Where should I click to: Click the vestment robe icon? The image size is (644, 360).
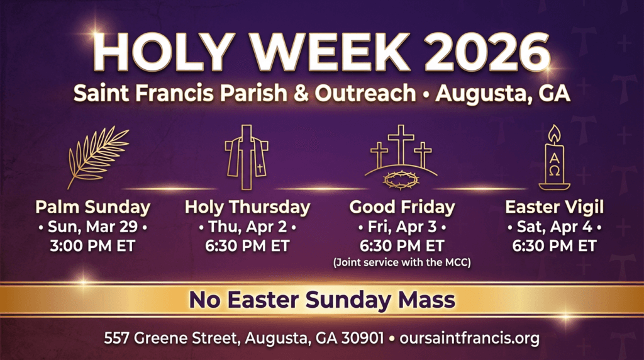pyautogui.click(x=245, y=157)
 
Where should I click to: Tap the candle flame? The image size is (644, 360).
pyautogui.click(x=554, y=134)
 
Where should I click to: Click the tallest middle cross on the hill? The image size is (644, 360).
pyautogui.click(x=401, y=143)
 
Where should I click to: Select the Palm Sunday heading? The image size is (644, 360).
pyautogui.click(x=92, y=207)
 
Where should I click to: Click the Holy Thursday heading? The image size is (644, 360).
pyautogui.click(x=247, y=207)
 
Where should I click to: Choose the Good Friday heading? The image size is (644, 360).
pyautogui.click(x=402, y=207)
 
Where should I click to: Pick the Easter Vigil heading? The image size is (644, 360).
pyautogui.click(x=554, y=207)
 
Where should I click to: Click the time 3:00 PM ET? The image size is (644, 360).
pyautogui.click(x=92, y=245)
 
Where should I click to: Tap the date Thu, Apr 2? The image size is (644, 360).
pyautogui.click(x=247, y=227)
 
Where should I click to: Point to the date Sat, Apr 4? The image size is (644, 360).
pyautogui.click(x=554, y=227)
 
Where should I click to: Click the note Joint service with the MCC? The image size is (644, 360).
pyautogui.click(x=402, y=262)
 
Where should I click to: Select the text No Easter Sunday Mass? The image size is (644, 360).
pyautogui.click(x=322, y=300)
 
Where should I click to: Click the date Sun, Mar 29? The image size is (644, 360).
pyautogui.click(x=92, y=227)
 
